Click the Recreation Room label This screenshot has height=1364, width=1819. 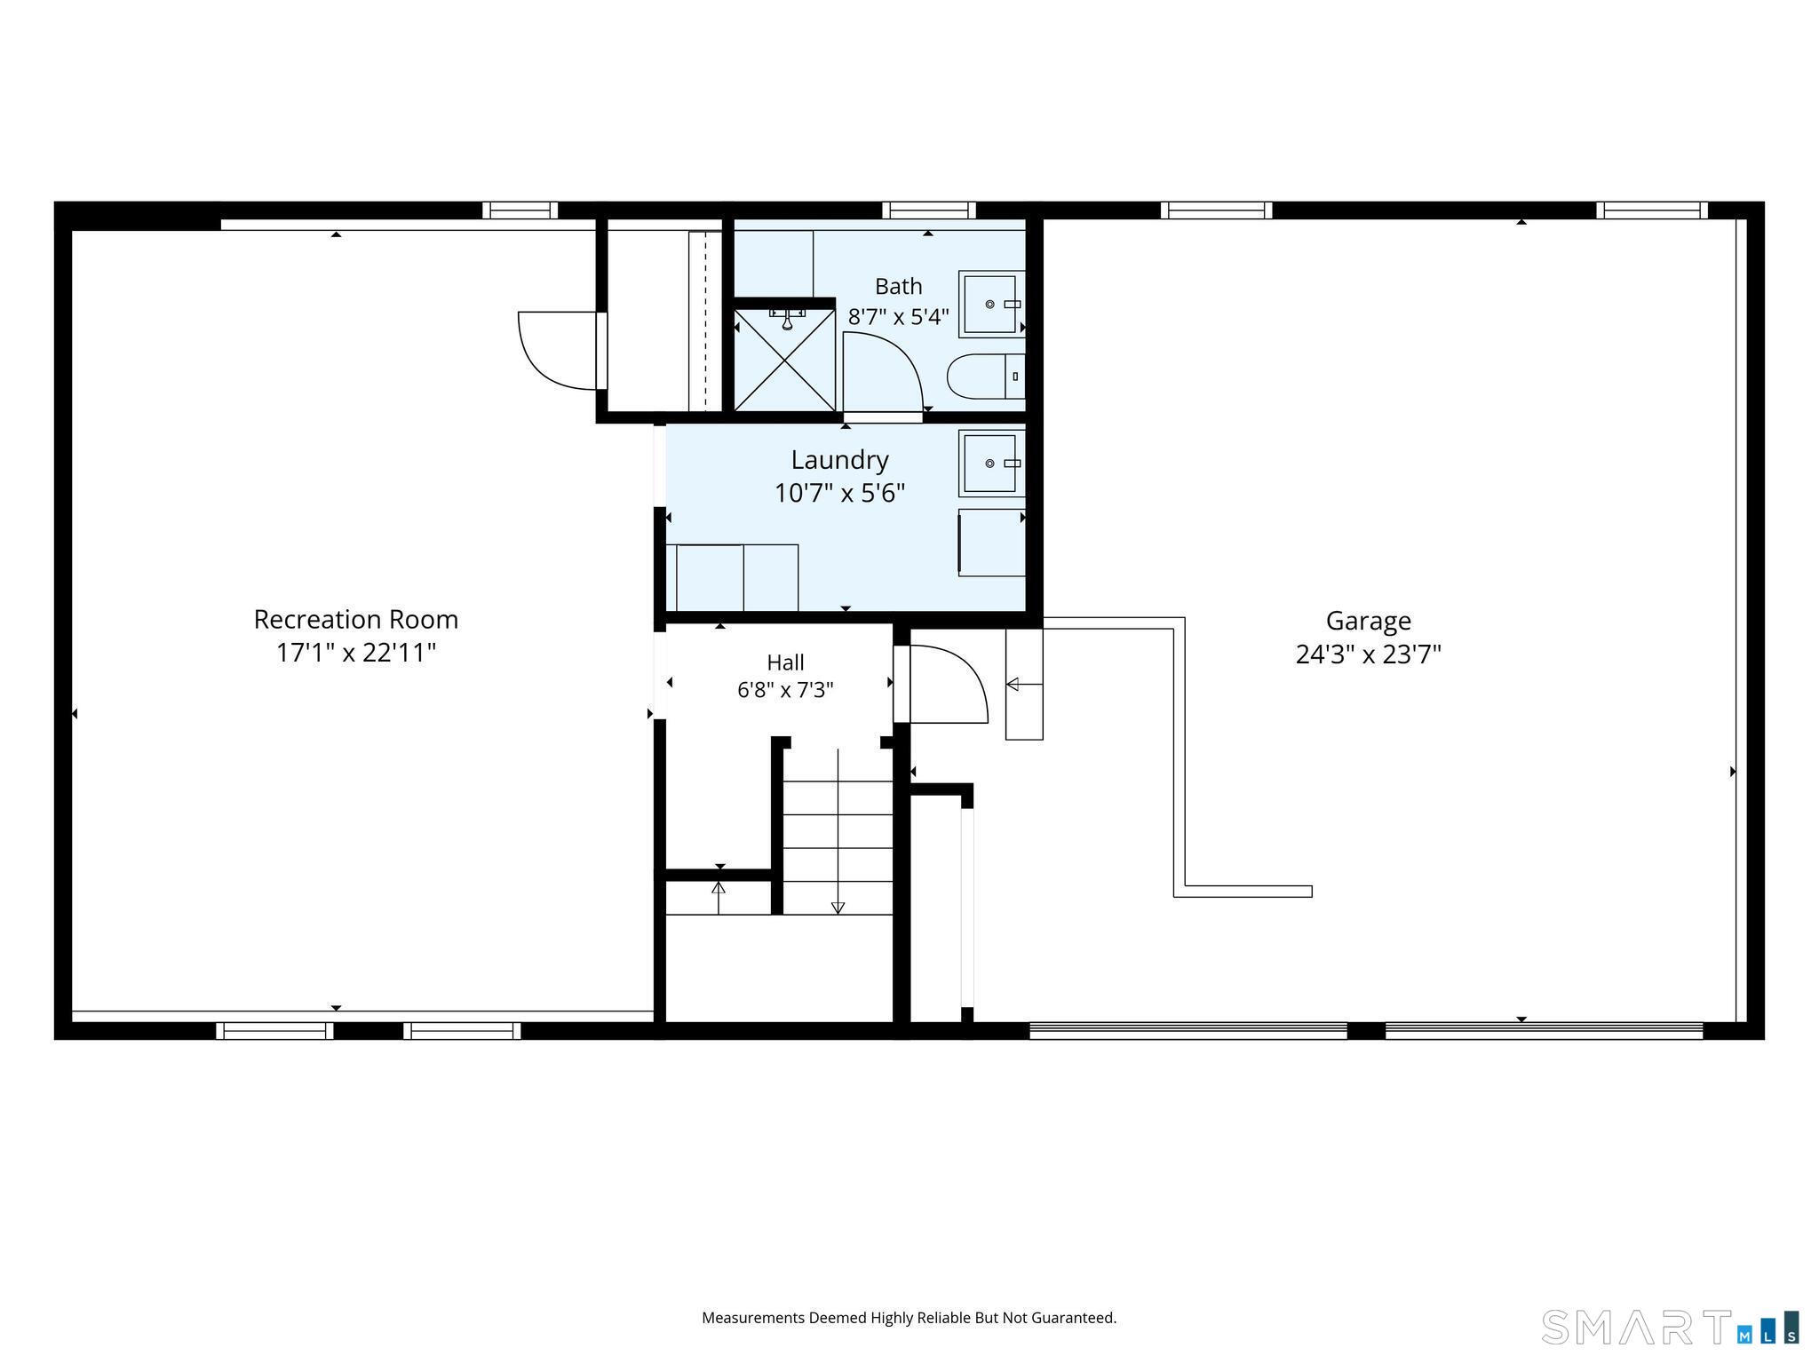356,619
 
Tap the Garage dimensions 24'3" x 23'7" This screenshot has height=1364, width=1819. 1368,654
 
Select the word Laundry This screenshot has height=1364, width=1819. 839,460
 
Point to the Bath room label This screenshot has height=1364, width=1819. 899,286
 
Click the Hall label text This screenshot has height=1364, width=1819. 785,662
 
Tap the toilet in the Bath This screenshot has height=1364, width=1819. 986,377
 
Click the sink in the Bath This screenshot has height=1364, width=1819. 991,305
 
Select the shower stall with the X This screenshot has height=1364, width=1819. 784,359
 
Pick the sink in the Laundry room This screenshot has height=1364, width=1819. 991,463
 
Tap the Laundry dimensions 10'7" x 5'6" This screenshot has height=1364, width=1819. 839,493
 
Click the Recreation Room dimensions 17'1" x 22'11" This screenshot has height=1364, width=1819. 356,653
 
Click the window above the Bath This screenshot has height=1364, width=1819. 929,210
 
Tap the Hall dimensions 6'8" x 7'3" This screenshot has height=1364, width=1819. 785,690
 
